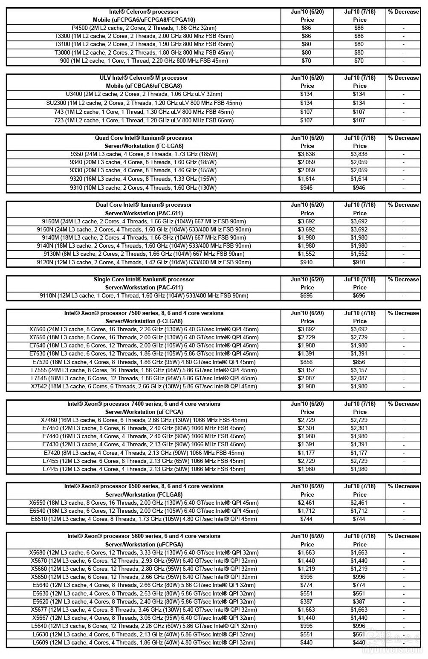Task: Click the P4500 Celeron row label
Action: pyautogui.click(x=144, y=28)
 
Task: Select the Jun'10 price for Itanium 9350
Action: pyautogui.click(x=307, y=154)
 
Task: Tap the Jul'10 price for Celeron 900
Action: pyautogui.click(x=359, y=61)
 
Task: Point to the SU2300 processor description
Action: pyautogui.click(x=144, y=103)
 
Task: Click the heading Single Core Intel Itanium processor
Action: pyautogui.click(x=144, y=280)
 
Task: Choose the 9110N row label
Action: pyautogui.click(x=144, y=296)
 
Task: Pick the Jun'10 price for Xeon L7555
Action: pyautogui.click(x=307, y=370)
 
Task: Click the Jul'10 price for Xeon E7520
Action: pyautogui.click(x=359, y=362)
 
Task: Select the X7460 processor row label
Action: pyautogui.click(x=144, y=420)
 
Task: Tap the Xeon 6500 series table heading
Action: pyautogui.click(x=144, y=486)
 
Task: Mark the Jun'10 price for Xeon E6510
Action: pyautogui.click(x=307, y=519)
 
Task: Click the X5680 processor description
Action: pyautogui.click(x=144, y=553)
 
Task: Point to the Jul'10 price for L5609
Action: pyautogui.click(x=359, y=643)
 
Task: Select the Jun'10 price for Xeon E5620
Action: pyautogui.click(x=307, y=602)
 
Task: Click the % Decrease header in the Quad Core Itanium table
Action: pyautogui.click(x=403, y=138)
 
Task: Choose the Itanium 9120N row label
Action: pyautogui.click(x=144, y=263)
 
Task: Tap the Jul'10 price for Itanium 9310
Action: pyautogui.click(x=359, y=188)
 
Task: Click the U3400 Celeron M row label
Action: pyautogui.click(x=144, y=94)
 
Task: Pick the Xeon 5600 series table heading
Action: pyautogui.click(x=144, y=536)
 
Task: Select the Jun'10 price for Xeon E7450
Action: pyautogui.click(x=307, y=428)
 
